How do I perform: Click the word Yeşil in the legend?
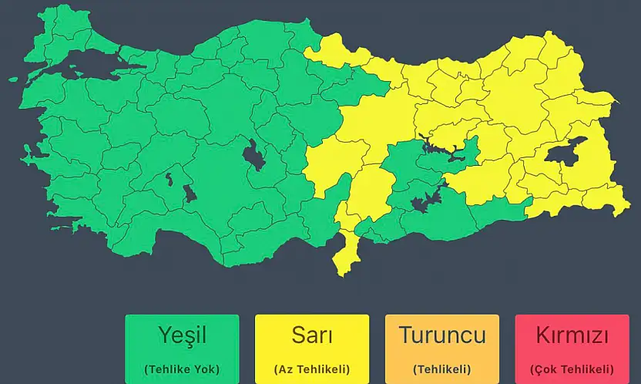(x=182, y=335)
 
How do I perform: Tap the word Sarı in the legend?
(x=312, y=335)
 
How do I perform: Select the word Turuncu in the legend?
(x=441, y=335)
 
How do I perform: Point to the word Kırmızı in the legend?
(x=572, y=336)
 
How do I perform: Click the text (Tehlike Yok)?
(x=182, y=369)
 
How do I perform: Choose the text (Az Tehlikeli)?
(x=312, y=369)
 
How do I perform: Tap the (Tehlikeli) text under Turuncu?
(x=442, y=369)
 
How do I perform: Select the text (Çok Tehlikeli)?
(x=572, y=369)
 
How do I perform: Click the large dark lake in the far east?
(x=565, y=152)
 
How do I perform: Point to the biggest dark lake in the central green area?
(x=252, y=157)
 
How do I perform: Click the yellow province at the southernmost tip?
(x=346, y=258)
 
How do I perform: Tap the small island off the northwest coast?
(x=13, y=79)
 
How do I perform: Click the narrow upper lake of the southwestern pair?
(x=168, y=180)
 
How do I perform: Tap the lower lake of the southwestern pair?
(x=189, y=193)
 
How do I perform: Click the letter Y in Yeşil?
(x=163, y=335)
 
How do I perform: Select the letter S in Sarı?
(x=299, y=335)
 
